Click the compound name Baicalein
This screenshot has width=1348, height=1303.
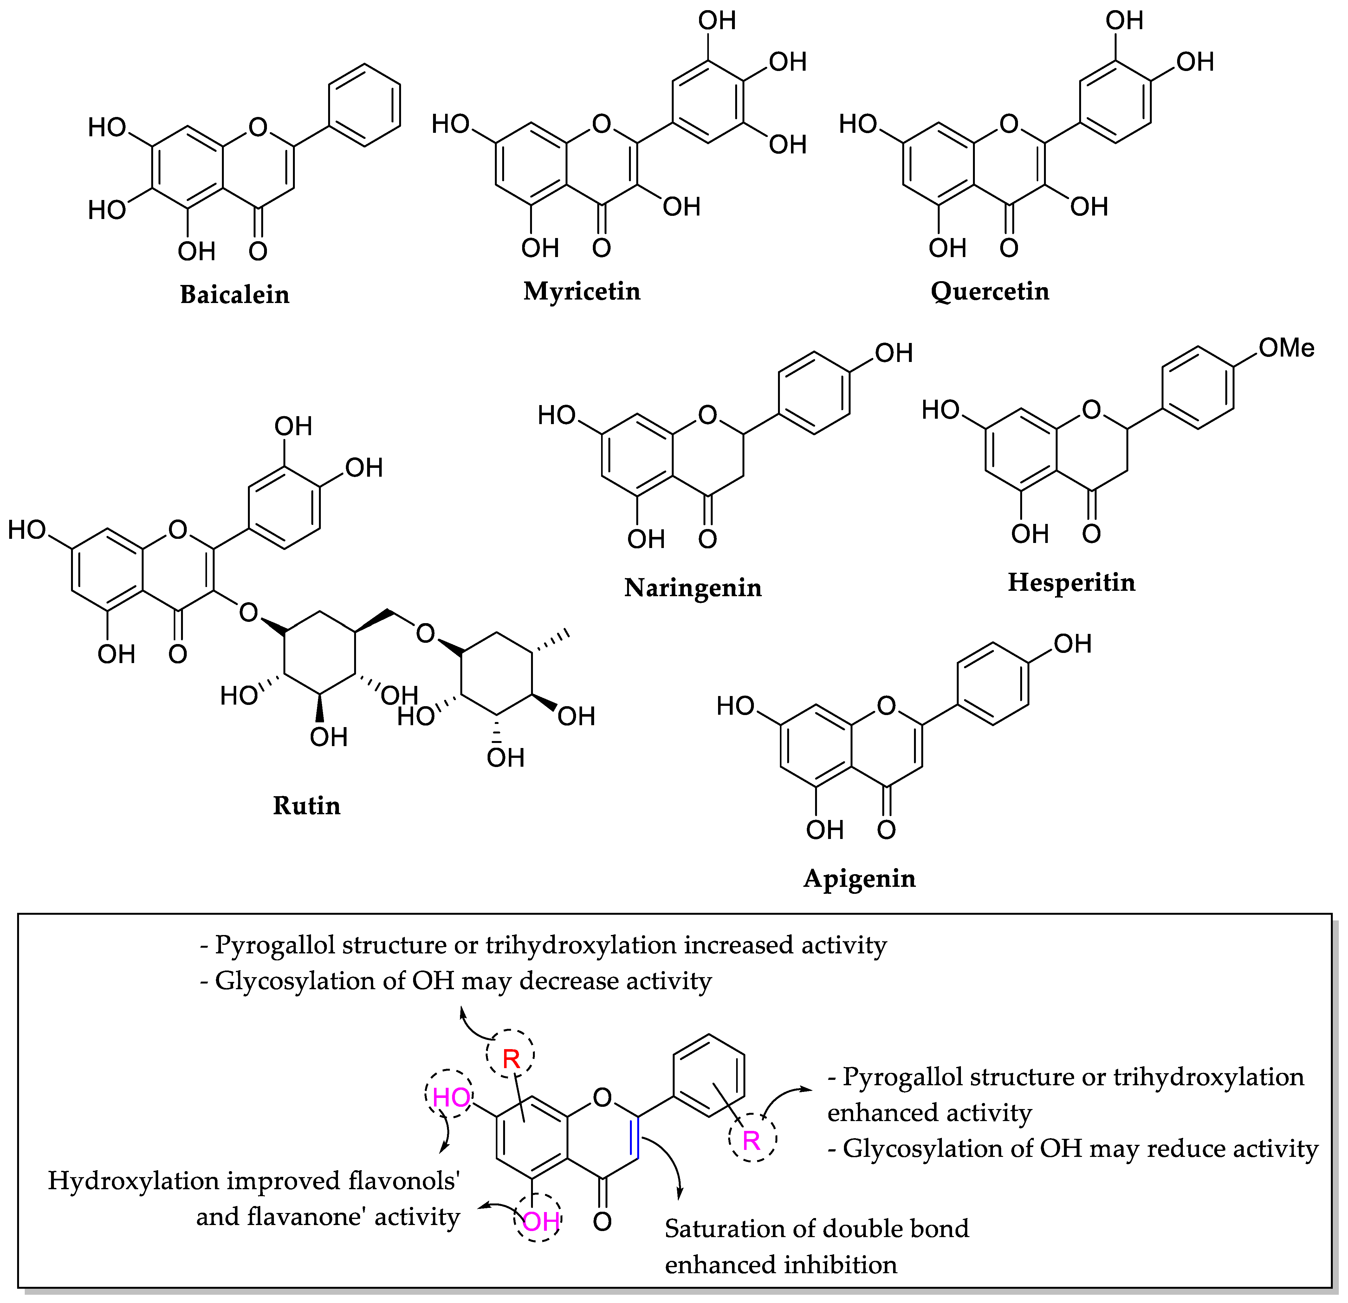click(235, 294)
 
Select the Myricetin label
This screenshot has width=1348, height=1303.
click(582, 291)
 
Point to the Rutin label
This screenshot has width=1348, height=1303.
click(307, 805)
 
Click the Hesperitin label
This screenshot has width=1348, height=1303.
click(1072, 582)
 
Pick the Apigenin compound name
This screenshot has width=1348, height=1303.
click(860, 878)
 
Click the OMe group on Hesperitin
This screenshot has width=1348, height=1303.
click(1286, 348)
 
